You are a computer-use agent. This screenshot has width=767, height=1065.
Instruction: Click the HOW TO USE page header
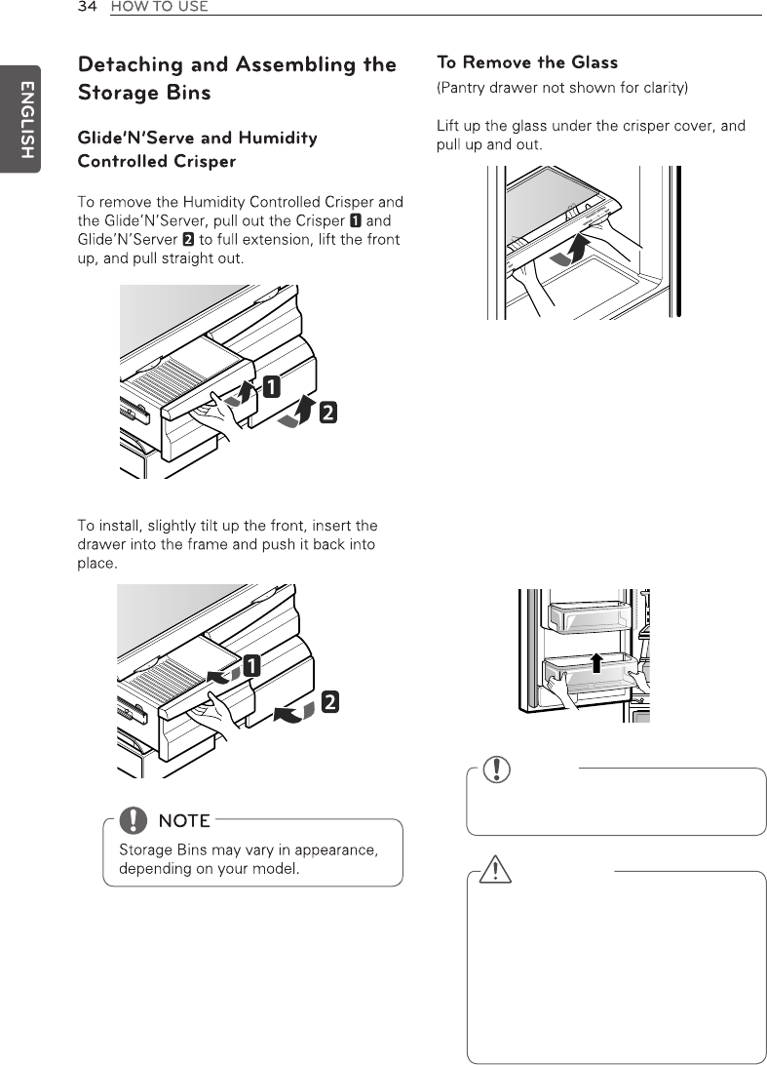159,8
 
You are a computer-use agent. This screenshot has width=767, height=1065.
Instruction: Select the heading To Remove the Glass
526,63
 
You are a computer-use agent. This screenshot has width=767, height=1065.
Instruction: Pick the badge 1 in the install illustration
250,668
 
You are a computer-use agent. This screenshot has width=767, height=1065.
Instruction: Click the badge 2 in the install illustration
331,700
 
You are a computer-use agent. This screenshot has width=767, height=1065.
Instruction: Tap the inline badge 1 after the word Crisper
357,221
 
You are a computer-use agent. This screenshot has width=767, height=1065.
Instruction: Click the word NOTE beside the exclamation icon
184,821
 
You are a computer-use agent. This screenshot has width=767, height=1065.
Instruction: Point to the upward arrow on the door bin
596,665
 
